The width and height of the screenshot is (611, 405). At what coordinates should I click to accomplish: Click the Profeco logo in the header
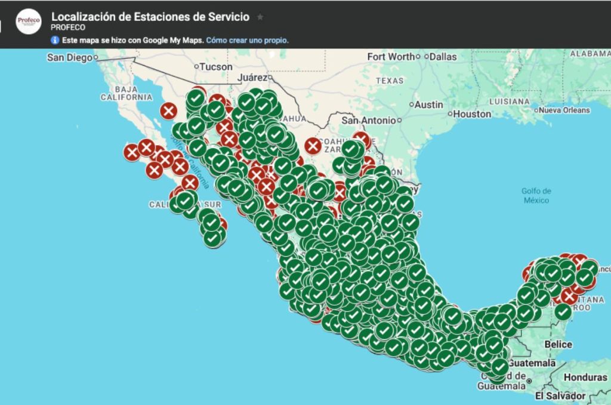point(28,22)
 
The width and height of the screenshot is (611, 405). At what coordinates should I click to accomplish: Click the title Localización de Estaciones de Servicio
point(150,16)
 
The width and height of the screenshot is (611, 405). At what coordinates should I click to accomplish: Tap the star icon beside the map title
point(260,17)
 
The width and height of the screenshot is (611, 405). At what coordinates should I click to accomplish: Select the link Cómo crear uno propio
point(247,41)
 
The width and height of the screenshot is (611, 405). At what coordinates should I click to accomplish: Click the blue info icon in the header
point(55,41)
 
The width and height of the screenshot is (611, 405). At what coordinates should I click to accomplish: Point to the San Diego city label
point(69,57)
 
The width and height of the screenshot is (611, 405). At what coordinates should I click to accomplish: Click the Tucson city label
point(215,67)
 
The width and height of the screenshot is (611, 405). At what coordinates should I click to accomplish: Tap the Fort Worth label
point(391,57)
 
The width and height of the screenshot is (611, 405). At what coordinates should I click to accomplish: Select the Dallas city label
point(442,57)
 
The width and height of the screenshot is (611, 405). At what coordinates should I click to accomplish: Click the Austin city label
point(428,105)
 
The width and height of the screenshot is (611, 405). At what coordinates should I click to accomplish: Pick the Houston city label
point(471,113)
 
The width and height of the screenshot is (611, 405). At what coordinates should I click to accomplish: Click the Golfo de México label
point(536,196)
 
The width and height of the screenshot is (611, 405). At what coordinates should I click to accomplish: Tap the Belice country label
point(558,344)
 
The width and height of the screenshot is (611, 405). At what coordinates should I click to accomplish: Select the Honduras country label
point(585,378)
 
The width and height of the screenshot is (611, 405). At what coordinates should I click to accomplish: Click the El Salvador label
point(560,396)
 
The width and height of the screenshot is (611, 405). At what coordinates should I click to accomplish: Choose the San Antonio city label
point(368,120)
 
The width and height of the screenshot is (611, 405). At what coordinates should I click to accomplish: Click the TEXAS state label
point(389,81)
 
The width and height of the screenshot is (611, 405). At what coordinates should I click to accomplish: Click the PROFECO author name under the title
point(68,27)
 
